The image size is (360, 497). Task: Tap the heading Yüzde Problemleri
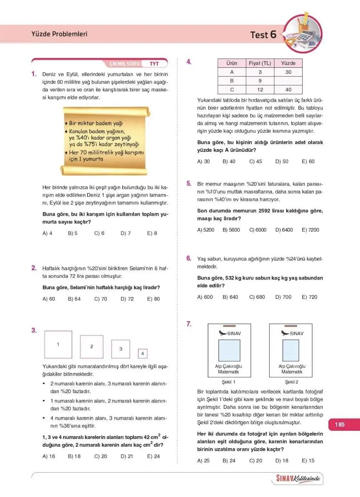click(59, 34)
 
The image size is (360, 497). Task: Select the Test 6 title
click(264, 35)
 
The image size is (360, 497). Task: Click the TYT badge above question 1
click(154, 64)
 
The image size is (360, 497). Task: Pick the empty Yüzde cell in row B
click(288, 81)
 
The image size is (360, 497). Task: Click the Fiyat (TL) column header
click(260, 63)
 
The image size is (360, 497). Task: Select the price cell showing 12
click(260, 90)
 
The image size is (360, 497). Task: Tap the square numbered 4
click(143, 353)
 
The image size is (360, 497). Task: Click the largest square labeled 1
click(58, 344)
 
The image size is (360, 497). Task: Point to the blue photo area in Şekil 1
click(229, 350)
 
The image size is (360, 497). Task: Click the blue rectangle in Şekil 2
click(291, 350)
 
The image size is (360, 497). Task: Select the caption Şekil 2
click(292, 382)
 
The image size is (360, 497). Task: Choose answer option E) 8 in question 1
click(152, 233)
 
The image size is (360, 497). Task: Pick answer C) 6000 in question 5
click(257, 230)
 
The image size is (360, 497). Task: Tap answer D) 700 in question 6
click(283, 297)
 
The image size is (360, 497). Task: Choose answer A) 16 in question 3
click(49, 456)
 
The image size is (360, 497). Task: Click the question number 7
click(189, 324)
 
